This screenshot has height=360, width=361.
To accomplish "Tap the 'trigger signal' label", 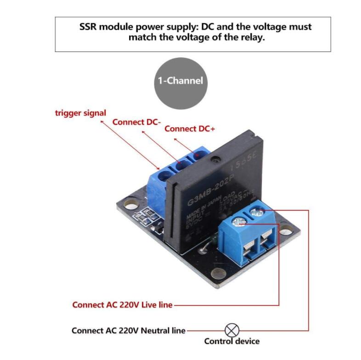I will pos(80,112).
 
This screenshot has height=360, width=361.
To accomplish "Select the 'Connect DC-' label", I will pos(136,122).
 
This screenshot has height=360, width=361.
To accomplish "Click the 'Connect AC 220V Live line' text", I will pos(122,304).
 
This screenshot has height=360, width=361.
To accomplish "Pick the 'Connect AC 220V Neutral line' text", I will pos(129,330).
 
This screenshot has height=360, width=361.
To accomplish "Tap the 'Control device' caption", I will pos(231,341).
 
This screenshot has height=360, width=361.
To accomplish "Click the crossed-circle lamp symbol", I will pos(231,330).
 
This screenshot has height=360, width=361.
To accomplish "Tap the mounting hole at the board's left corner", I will pos(130,203).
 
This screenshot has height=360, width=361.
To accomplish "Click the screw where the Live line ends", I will pos(238,222).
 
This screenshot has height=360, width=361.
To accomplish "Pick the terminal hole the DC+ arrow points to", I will pos(198,157).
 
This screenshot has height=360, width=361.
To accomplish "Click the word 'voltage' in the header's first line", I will pos(248,27).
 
